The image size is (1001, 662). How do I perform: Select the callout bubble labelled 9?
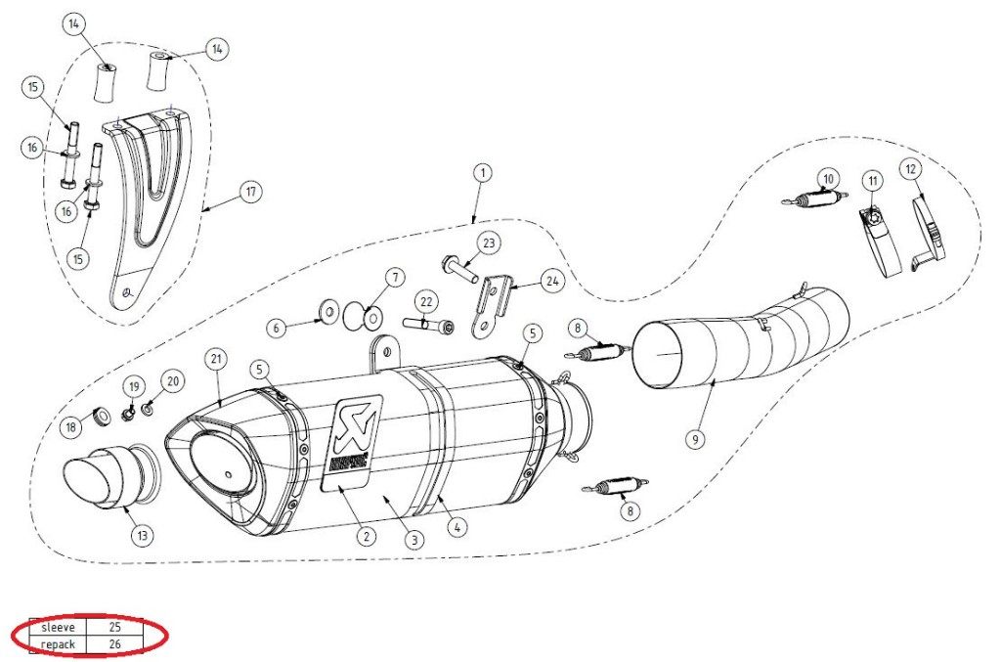coord(695,440)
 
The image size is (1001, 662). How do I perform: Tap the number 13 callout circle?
coord(143,535)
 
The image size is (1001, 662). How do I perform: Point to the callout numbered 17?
coord(251,192)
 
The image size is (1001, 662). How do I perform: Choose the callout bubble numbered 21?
coord(216,359)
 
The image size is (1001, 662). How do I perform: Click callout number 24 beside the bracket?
coord(551,282)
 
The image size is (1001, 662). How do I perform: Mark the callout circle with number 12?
coord(911,169)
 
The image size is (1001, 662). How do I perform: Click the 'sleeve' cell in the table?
coord(58,626)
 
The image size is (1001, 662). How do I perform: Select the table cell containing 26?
coord(114,644)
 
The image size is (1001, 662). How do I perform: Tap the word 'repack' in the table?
coord(58,644)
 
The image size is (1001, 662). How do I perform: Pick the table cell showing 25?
coord(114,626)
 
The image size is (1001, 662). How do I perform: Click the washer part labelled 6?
coord(325,314)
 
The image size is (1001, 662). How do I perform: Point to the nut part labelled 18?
coord(101,415)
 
